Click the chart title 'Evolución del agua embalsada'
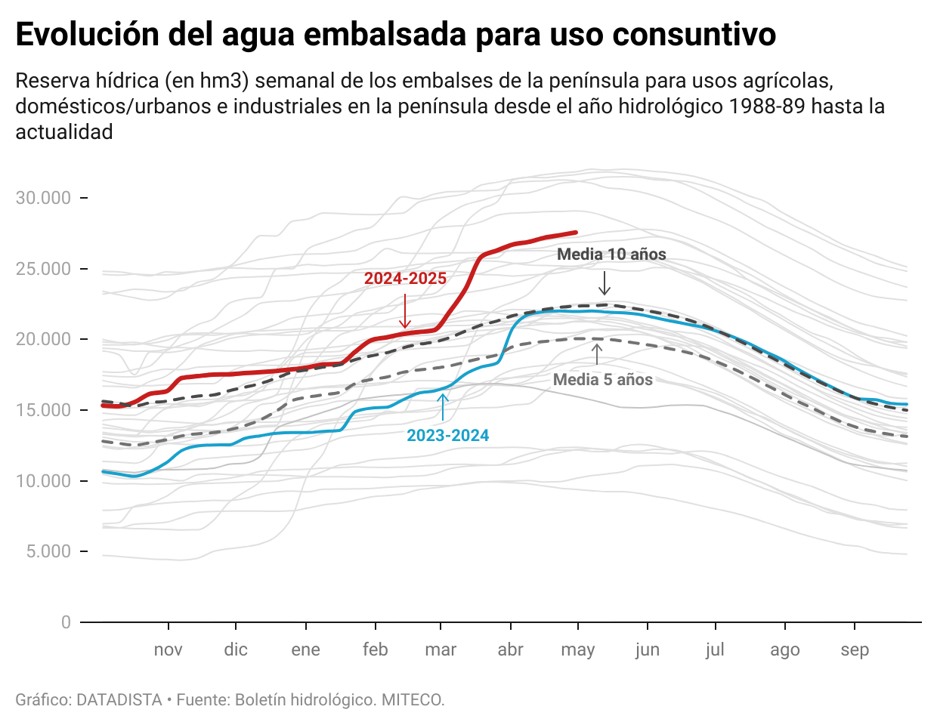395,35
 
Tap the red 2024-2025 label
405,279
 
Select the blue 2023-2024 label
447,436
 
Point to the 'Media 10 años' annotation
611,255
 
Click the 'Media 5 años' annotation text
602,380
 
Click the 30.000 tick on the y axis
43,198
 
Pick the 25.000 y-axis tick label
43,269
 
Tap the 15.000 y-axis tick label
43,410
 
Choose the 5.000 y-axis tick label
48,551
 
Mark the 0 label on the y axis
66,622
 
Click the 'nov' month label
168,650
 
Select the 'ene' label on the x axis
305,650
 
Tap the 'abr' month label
510,650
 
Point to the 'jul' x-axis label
715,650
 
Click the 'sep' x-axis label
855,650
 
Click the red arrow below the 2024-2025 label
405,311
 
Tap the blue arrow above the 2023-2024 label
443,406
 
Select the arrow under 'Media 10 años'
604,282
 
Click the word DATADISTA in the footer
119,700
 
